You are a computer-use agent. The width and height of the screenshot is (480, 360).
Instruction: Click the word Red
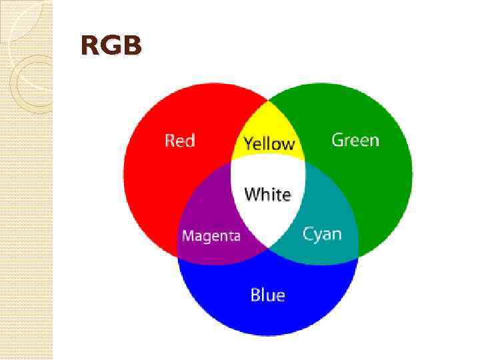(x=179, y=141)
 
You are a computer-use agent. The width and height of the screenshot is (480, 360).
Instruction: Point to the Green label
(x=355, y=140)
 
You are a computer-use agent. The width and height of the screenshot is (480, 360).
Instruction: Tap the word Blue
(x=267, y=295)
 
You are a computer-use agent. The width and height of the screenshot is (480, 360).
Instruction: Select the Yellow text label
(x=269, y=143)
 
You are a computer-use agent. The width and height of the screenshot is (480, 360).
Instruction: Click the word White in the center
(x=267, y=194)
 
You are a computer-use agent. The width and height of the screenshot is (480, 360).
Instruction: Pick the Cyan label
(x=322, y=234)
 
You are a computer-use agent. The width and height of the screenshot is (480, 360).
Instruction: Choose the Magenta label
(x=211, y=236)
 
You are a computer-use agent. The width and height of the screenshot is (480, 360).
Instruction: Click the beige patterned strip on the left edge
(x=26, y=200)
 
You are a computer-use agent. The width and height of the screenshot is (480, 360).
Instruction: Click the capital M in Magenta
(x=187, y=236)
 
